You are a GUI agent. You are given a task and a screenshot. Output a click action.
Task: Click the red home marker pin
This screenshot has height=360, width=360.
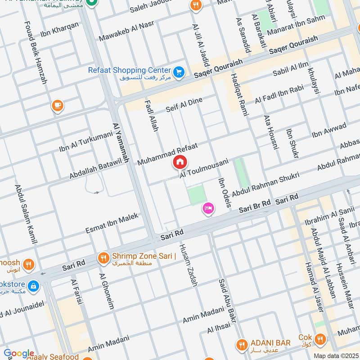(x=180, y=162)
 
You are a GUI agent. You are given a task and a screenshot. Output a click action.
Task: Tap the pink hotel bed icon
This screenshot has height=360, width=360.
(x=208, y=208)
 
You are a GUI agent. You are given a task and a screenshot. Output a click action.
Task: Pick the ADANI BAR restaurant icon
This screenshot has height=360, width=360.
(x=242, y=345)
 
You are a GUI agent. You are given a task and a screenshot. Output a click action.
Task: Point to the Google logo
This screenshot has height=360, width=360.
(x=19, y=354)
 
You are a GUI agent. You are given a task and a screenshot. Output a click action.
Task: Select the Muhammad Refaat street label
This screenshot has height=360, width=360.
(x=167, y=154)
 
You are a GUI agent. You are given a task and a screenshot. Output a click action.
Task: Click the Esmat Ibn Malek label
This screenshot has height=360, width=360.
(x=112, y=223)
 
